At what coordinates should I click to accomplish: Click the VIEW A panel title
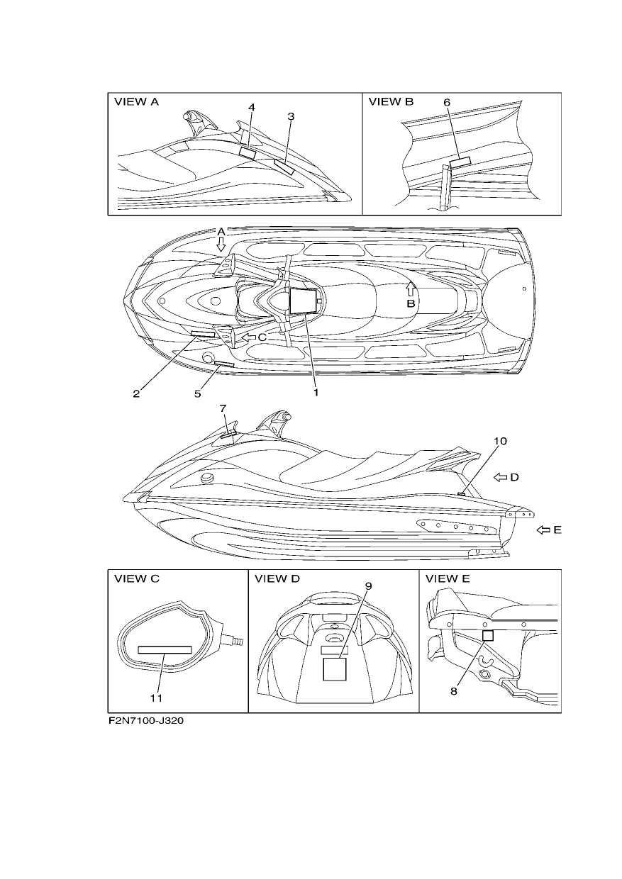click(136, 102)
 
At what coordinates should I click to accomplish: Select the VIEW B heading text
click(391, 102)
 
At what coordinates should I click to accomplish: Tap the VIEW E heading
click(448, 579)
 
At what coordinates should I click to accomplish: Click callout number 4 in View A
click(252, 107)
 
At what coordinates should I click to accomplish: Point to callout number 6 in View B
click(447, 102)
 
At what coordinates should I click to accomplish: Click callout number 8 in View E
click(454, 691)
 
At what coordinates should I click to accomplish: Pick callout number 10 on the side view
click(500, 441)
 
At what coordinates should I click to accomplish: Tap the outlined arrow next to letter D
click(500, 477)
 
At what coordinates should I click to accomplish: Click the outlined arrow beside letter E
click(543, 530)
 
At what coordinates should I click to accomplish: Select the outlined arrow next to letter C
click(248, 337)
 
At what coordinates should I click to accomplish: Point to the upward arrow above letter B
click(411, 289)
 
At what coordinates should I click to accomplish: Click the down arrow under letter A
click(221, 244)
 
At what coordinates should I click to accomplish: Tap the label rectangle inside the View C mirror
click(165, 650)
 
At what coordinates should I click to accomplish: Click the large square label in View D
click(335, 669)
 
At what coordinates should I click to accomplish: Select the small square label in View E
click(488, 635)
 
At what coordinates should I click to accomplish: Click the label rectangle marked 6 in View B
click(460, 162)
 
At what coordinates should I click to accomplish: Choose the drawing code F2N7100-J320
click(146, 721)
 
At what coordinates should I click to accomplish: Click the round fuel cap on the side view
click(207, 478)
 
